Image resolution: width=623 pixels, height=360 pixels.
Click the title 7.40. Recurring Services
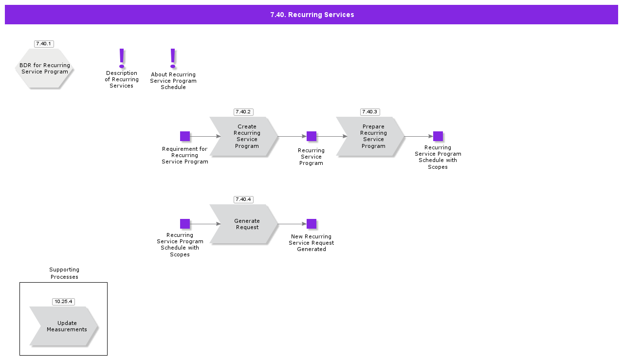(312, 15)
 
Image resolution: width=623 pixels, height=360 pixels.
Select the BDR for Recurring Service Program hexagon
(44, 69)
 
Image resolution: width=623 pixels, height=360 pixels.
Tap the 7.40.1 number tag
(44, 44)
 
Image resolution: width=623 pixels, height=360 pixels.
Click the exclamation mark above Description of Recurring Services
(122, 58)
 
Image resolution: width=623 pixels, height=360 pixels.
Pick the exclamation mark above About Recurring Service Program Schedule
(173, 58)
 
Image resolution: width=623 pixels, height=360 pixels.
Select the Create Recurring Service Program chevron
(244, 137)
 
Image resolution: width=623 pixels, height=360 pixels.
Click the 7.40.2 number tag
(243, 112)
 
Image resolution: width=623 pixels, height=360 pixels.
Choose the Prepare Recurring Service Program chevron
(370, 137)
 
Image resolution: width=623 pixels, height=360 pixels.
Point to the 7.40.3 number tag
(369, 112)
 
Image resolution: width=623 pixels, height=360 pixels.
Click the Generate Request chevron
(244, 224)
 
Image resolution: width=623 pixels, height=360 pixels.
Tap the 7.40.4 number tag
(243, 199)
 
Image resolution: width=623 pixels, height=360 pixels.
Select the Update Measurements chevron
(64, 326)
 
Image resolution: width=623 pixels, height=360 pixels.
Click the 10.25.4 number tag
(63, 302)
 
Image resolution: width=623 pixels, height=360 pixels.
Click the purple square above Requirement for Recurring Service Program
(185, 136)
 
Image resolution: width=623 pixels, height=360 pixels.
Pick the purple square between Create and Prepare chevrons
(311, 136)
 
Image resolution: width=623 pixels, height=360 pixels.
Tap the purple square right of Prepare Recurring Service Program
(438, 136)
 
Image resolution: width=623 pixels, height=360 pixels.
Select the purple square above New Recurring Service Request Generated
(311, 224)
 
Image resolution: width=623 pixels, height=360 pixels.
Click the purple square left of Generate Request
(185, 224)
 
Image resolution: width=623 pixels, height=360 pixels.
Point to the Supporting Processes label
(64, 273)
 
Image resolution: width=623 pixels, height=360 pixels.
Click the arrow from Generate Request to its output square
(292, 224)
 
